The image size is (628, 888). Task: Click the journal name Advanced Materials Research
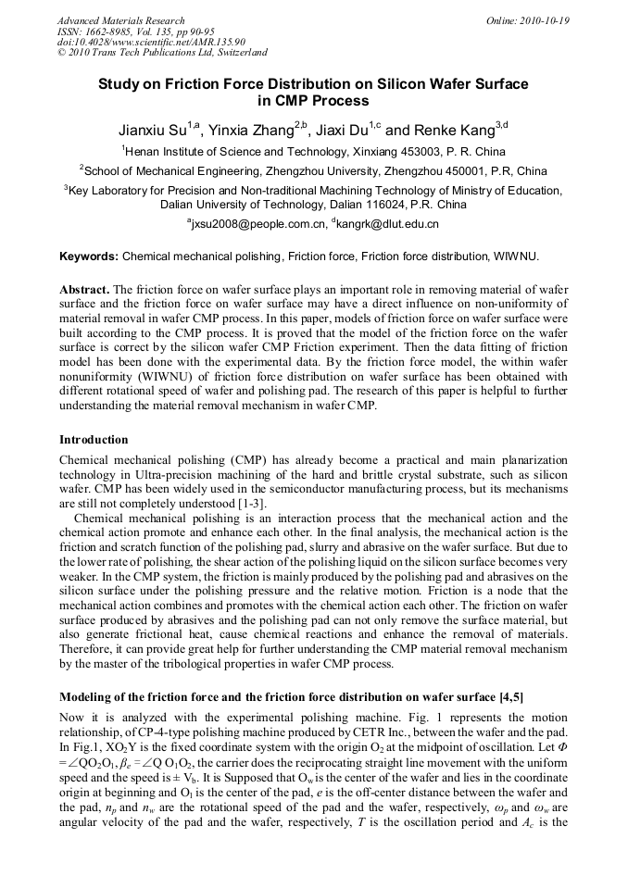[120, 20]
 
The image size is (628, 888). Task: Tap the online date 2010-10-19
[546, 20]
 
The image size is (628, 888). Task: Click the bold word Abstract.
[84, 290]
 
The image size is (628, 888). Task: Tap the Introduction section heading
[94, 439]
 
